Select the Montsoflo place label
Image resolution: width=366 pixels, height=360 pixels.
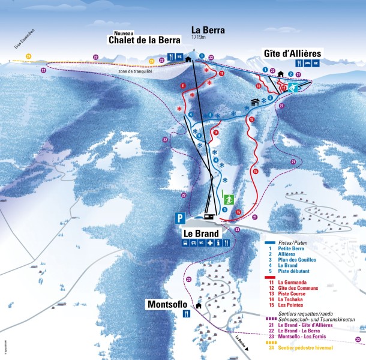tap(169, 305)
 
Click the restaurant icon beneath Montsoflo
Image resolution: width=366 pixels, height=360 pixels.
tap(187, 313)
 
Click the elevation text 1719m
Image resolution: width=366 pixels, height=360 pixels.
tap(199, 37)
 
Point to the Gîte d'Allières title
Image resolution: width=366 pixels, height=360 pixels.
tap(293, 53)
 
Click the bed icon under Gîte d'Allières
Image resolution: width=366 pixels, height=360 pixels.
tap(307, 63)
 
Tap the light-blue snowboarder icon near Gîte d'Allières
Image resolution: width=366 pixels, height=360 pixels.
tap(293, 88)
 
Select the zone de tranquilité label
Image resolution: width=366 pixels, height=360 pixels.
tap(135, 71)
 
